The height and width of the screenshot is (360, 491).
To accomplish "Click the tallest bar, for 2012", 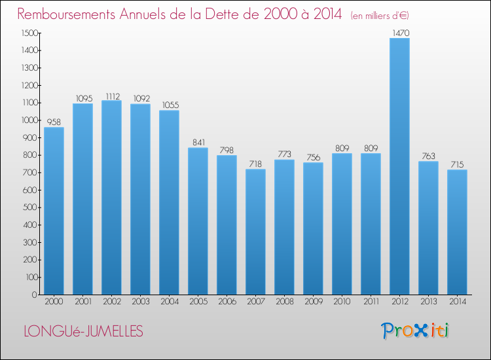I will pos(399,166).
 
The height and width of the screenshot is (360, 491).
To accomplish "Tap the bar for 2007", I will pos(255,232).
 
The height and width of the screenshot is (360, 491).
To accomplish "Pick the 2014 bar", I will pos(457,232).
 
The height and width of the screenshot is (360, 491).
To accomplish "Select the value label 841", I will pos(198,141).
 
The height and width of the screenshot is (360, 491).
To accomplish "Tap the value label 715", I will pos(457,163).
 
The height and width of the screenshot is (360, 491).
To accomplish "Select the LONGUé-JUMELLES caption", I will pos(83,331).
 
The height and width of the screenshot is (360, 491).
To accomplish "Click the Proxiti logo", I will pos(415,331).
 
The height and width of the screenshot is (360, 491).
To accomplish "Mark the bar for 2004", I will pos(169,202).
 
